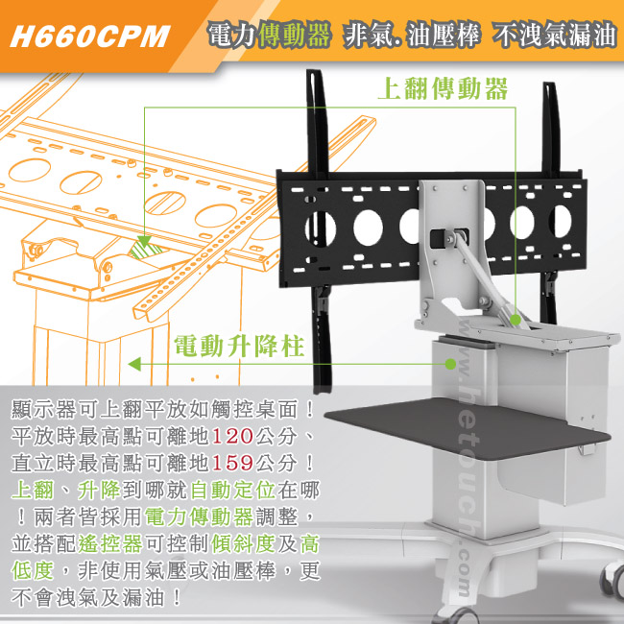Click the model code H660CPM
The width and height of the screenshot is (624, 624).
tap(90, 36)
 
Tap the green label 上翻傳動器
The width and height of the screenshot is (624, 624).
tap(443, 88)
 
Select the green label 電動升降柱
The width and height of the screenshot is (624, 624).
tap(239, 346)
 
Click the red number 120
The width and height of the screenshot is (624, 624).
tap(232, 436)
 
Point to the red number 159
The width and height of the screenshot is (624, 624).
tap(232, 463)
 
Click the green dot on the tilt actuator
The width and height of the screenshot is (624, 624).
tap(516, 319)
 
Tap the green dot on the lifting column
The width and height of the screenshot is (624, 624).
tap(450, 364)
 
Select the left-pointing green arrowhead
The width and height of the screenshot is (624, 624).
tap(134, 364)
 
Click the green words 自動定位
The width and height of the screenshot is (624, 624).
tap(233, 490)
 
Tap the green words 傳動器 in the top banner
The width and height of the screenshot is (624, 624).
tap(294, 35)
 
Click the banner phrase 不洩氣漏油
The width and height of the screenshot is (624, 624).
tap(554, 35)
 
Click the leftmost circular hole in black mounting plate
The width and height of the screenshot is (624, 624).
tap(321, 228)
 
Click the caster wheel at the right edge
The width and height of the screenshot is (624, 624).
tap(613, 582)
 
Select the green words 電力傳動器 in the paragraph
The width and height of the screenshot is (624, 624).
tap(199, 516)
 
